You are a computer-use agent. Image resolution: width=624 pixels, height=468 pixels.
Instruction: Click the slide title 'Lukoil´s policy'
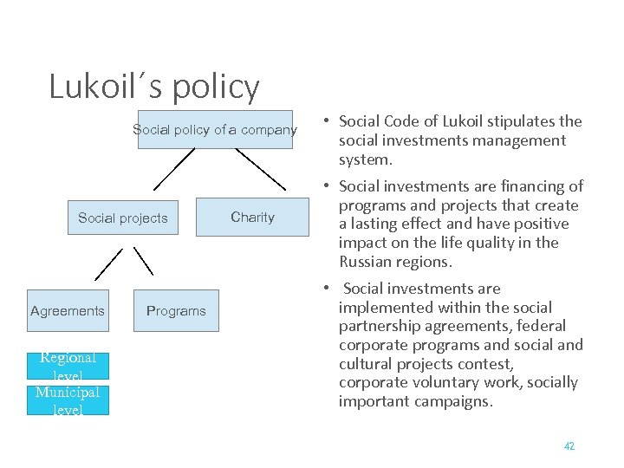[154, 87]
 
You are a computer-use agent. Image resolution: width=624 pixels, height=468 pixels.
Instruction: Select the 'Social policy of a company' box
[215, 130]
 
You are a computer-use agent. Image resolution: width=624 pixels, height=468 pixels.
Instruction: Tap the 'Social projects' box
[123, 218]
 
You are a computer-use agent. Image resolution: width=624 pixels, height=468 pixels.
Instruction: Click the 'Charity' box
[252, 217]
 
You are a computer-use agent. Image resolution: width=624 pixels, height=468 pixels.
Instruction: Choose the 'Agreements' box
[67, 310]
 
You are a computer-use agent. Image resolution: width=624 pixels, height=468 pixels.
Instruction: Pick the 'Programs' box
[176, 310]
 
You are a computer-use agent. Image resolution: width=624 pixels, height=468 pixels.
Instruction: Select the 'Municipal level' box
[68, 400]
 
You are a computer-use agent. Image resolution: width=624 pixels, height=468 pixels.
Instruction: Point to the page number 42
[569, 445]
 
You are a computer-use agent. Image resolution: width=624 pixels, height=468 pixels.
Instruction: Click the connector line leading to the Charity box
[260, 169]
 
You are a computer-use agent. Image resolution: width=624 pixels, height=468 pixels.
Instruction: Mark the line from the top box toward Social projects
[173, 169]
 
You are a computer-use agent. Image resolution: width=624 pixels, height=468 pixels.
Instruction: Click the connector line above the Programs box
[144, 260]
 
